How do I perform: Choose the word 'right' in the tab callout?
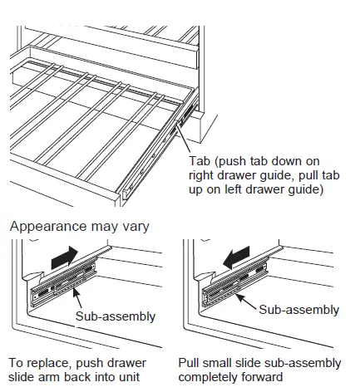tap(206, 175)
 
